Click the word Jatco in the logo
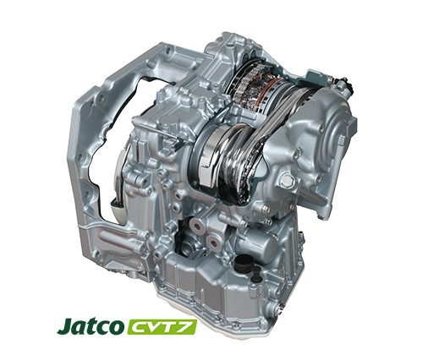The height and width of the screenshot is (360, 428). click(91, 326)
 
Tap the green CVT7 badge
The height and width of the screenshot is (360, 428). click(162, 327)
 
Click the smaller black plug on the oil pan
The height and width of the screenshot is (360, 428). click(256, 275)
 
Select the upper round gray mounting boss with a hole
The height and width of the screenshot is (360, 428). click(196, 226)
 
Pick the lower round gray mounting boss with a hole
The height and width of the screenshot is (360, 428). click(214, 243)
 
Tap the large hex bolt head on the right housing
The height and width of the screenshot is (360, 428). click(286, 180)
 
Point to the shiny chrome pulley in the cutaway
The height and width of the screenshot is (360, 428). click(220, 158)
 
